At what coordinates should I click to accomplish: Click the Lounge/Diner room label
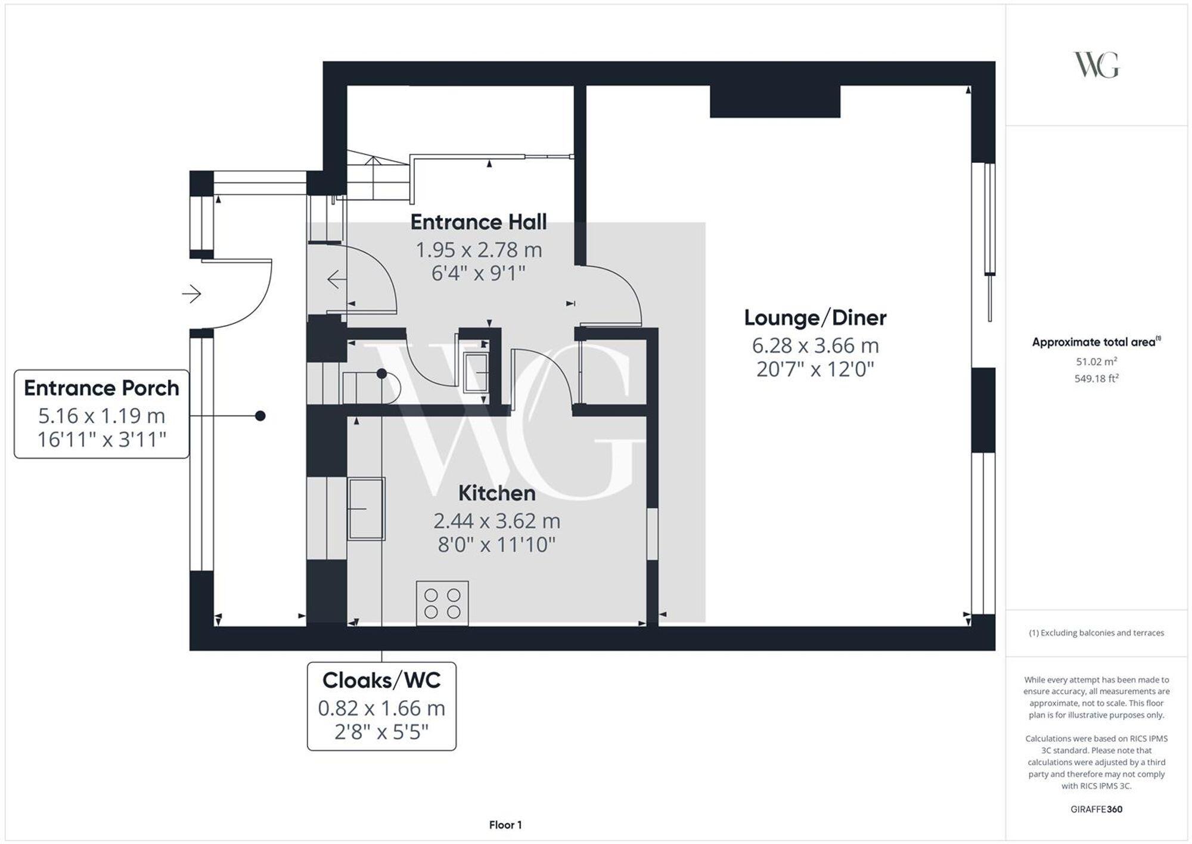click(815, 318)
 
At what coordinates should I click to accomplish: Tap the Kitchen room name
click(496, 493)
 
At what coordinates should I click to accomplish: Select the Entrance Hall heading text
click(478, 222)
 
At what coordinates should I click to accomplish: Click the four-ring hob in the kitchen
click(442, 603)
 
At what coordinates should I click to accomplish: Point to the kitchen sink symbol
click(366, 508)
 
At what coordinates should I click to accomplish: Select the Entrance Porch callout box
click(101, 414)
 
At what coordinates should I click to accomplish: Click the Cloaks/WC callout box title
click(381, 681)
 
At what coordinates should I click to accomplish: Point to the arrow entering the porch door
click(191, 293)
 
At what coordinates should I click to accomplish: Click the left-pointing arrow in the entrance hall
click(336, 279)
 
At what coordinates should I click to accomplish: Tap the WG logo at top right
click(1096, 65)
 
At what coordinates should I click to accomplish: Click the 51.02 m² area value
click(1096, 361)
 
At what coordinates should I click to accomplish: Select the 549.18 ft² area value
click(1096, 379)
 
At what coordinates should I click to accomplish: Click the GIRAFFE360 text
click(1096, 809)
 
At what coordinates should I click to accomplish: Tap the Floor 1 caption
click(505, 825)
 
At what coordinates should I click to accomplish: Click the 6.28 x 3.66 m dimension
click(815, 345)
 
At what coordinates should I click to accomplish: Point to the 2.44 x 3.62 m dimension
click(496, 521)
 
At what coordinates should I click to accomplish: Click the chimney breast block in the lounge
click(775, 101)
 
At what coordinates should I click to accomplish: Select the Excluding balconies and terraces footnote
click(1096, 633)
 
